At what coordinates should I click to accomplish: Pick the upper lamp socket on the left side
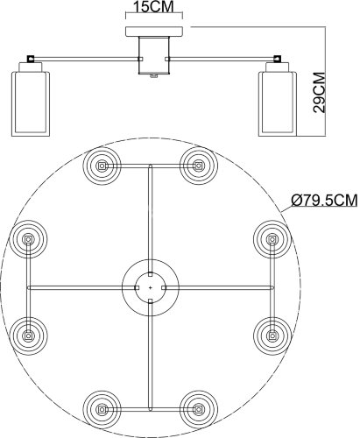point(30,238)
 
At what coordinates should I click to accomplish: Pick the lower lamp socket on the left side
point(30,333)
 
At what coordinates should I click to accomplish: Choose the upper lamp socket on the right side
point(272,238)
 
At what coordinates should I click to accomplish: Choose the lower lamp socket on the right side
point(272,333)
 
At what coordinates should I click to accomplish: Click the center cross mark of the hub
point(151,286)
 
